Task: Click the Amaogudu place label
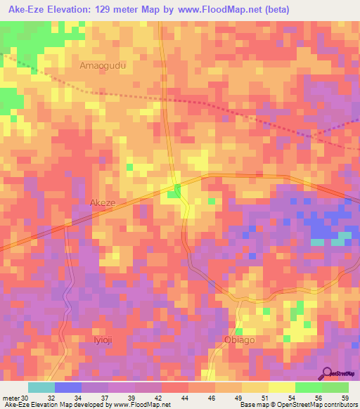(103, 65)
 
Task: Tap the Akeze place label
(103, 202)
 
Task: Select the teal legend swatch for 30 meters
(41, 387)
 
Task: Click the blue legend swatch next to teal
(68, 387)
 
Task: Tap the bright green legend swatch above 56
(308, 387)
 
